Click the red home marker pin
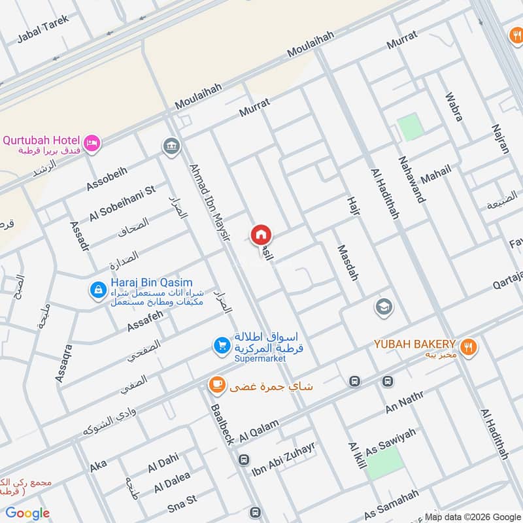261,235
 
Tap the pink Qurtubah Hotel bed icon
92,141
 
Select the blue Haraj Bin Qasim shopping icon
98,288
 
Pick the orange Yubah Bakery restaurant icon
467,346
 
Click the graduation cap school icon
383,306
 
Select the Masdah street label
348,263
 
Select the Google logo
27,513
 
